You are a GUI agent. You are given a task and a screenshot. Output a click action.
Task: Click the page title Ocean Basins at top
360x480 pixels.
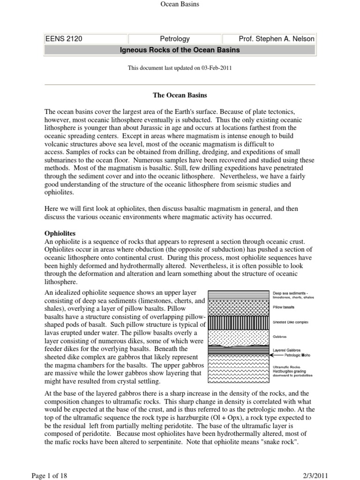(180, 4)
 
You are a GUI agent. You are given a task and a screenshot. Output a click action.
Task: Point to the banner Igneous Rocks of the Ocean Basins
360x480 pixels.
(180, 50)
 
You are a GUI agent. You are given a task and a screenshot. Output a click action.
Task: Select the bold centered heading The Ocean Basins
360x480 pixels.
(180, 95)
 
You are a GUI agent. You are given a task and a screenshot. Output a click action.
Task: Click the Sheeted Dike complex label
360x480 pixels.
(290, 323)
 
